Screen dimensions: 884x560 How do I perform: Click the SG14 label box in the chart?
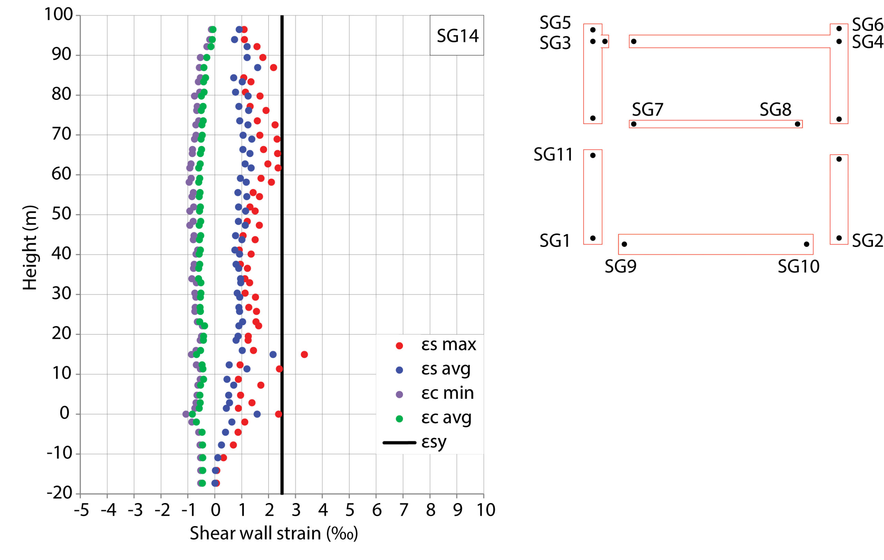(x=457, y=35)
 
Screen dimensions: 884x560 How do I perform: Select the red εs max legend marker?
(x=400, y=345)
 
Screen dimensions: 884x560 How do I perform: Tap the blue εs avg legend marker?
(x=400, y=370)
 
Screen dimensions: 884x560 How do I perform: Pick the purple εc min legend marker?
(x=400, y=395)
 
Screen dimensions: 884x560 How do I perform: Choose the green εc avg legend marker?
(x=400, y=419)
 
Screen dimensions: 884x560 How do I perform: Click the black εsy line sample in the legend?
(x=400, y=443)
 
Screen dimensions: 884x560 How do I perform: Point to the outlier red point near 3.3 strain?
(x=304, y=354)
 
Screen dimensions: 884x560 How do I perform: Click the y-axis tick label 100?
(x=59, y=15)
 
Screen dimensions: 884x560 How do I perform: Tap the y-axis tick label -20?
(x=60, y=493)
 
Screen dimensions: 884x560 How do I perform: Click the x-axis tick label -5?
(x=81, y=510)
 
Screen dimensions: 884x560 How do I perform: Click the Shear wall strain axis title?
(x=273, y=533)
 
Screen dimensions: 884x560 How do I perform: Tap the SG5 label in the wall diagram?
(x=555, y=23)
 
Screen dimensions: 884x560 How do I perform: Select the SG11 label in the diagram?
(x=553, y=155)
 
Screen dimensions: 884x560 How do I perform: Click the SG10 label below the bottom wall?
(x=798, y=267)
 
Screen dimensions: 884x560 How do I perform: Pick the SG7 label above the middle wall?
(x=647, y=110)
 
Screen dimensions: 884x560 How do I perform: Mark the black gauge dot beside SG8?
(x=797, y=124)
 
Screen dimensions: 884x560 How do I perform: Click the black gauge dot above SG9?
(x=624, y=244)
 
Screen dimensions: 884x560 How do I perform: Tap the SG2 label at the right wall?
(x=867, y=241)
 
